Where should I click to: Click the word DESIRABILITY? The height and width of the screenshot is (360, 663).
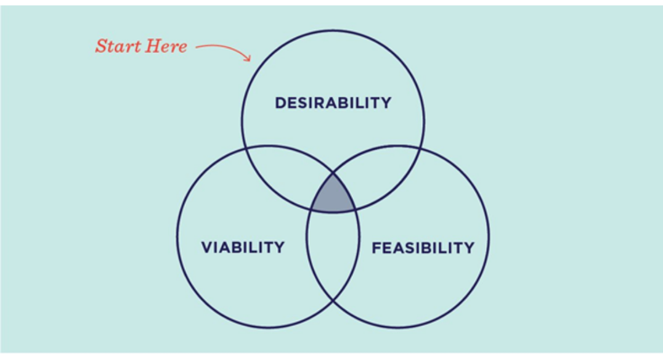point(333,102)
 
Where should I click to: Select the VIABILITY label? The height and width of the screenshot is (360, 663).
point(243,248)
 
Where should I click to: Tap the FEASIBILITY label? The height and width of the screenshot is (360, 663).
point(423,248)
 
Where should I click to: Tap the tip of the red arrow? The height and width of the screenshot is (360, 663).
point(251,60)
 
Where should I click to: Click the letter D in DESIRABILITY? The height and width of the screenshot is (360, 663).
point(280,102)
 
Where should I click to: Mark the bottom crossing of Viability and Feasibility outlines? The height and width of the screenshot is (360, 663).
point(333,300)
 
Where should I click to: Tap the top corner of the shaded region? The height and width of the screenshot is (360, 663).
point(333,173)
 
